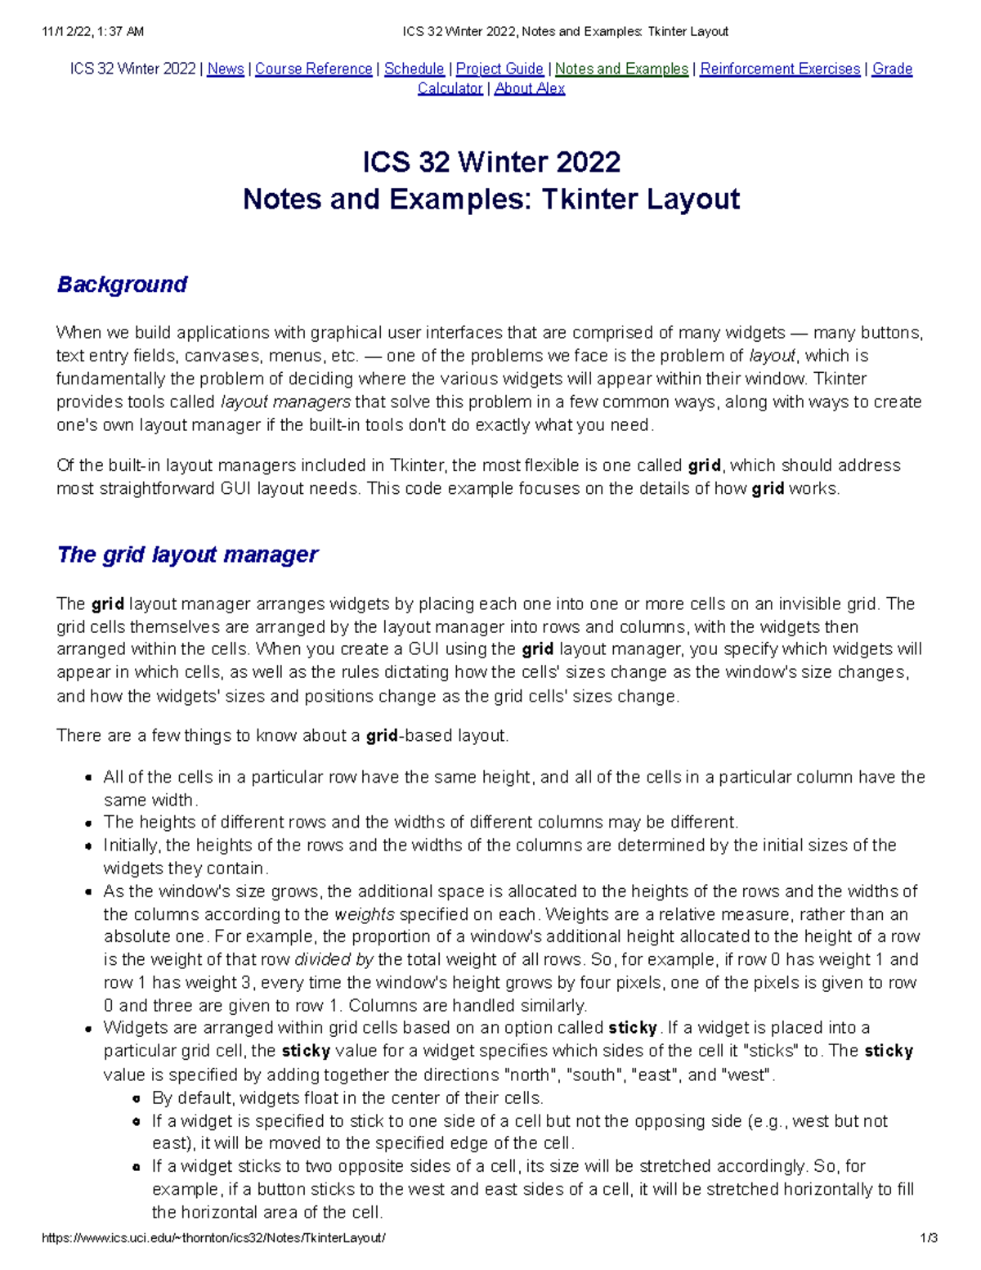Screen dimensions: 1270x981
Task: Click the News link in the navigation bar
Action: tap(226, 69)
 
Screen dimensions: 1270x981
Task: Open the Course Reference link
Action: tap(313, 69)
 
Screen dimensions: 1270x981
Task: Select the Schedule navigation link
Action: tap(414, 69)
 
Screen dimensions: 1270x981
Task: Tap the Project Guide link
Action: tap(499, 69)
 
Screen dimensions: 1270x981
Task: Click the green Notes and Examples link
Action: tap(621, 69)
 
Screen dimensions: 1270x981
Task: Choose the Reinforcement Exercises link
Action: tap(780, 69)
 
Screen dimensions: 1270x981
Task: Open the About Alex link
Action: tap(529, 88)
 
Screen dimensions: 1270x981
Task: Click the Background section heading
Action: tap(122, 285)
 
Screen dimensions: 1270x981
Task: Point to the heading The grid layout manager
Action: tap(187, 554)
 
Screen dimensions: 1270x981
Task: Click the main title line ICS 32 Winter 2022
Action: tap(490, 162)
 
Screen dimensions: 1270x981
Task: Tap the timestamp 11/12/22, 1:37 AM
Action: tap(92, 32)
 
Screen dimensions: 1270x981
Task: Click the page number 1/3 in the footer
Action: tap(928, 1237)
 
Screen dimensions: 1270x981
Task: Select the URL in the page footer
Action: tap(213, 1237)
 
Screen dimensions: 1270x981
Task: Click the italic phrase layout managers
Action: tap(285, 402)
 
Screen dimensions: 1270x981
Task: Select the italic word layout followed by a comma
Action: tap(772, 356)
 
